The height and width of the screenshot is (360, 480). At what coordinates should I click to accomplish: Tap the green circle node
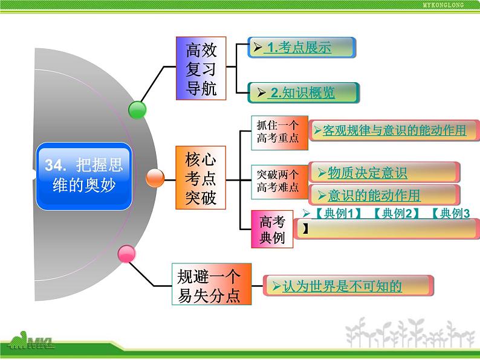point(138,110)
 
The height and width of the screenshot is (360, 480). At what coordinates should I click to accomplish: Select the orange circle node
point(155,178)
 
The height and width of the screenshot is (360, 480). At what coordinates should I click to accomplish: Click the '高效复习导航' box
point(201,69)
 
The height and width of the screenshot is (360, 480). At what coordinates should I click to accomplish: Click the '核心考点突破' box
point(201,178)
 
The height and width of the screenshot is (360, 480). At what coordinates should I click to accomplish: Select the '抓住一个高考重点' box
point(277,132)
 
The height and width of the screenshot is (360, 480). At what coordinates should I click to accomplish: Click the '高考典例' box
point(272,230)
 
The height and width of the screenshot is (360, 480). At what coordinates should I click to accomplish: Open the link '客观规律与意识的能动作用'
point(394,130)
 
